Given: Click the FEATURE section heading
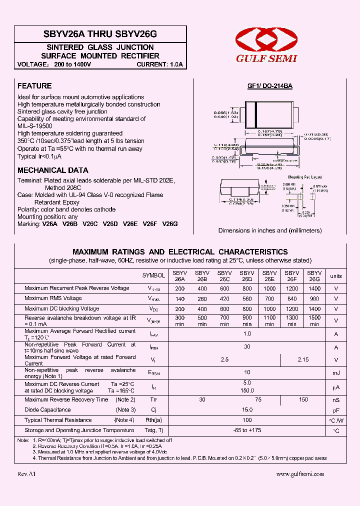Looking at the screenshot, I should click(34, 86).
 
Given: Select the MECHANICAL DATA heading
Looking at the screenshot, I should click(53, 170).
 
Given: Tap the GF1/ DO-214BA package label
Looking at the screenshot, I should click(270, 86).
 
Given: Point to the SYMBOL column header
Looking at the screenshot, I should click(153, 275).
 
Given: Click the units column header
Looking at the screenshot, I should click(336, 276).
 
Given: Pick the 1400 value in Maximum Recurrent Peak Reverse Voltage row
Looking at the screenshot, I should click(314, 288).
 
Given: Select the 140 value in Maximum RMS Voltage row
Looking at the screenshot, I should click(179, 298).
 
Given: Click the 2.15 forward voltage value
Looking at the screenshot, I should click(303, 360).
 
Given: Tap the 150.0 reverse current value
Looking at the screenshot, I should click(247, 390).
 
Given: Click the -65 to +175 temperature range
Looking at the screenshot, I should click(247, 430).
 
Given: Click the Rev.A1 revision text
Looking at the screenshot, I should click(26, 474).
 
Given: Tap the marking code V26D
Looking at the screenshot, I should click(110, 224).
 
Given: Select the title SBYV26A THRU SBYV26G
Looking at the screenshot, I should click(100, 34).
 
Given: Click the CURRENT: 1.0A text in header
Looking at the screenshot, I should click(160, 64).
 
